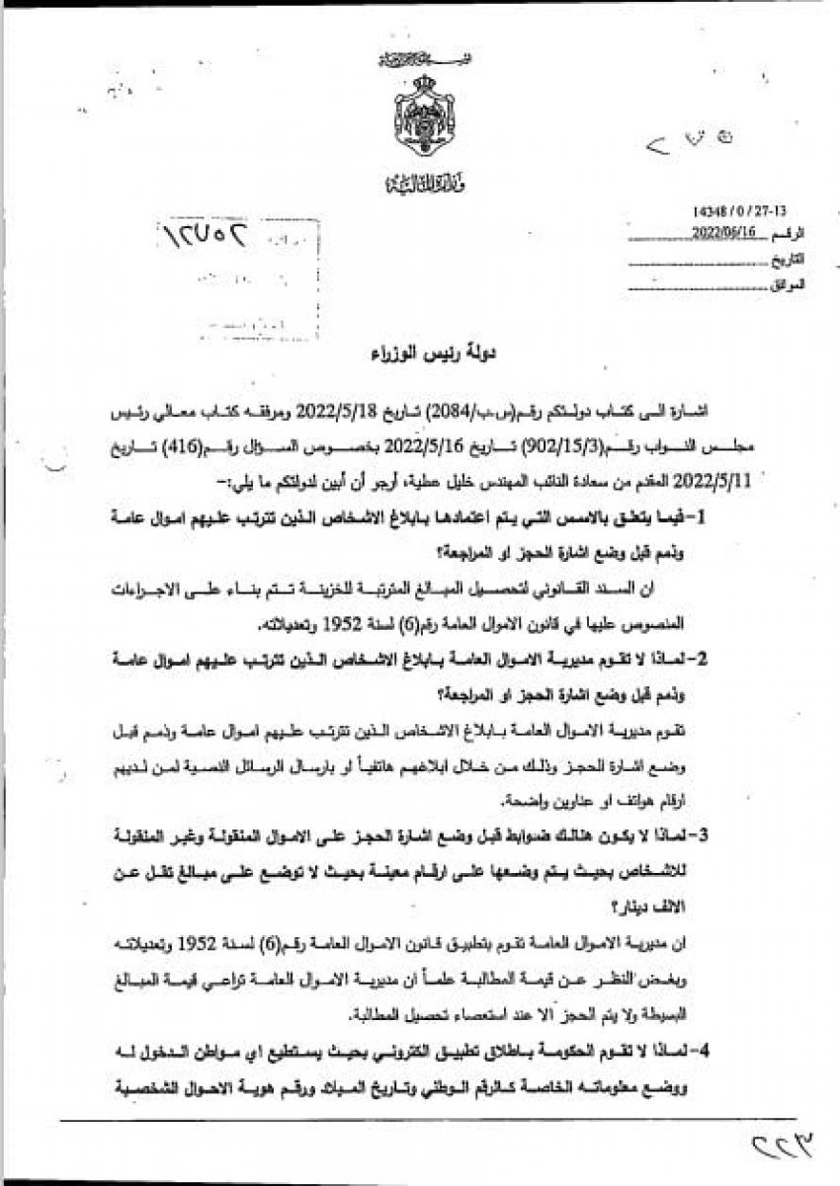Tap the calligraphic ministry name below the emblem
[x=424, y=184]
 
